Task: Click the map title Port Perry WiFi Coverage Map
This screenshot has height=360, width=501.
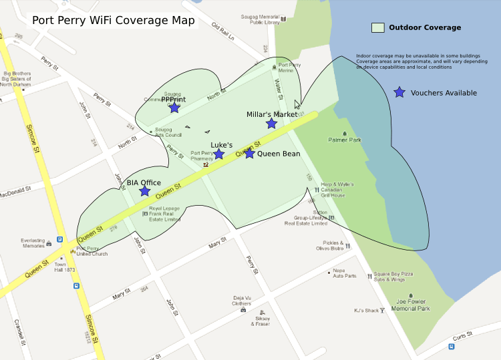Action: coord(114,20)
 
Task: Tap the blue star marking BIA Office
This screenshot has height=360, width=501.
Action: coord(144,191)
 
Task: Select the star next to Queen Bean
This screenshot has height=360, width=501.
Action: coord(249,154)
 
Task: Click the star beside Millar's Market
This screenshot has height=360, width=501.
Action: coord(271,124)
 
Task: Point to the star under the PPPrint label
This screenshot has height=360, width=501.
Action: coord(174,108)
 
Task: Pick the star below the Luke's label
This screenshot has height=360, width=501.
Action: coord(218,154)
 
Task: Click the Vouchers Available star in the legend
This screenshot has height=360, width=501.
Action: coord(399,93)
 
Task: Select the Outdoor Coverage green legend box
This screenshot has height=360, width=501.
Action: coord(378,28)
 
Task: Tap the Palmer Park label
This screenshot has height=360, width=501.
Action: coord(345,140)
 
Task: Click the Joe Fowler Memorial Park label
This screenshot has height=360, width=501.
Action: coord(410,305)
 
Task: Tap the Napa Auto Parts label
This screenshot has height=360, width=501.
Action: coord(345,273)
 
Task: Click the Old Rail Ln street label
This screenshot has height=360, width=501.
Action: coord(223,32)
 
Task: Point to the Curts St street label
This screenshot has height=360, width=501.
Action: coord(462,337)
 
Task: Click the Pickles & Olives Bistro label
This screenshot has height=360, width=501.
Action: coord(329,246)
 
